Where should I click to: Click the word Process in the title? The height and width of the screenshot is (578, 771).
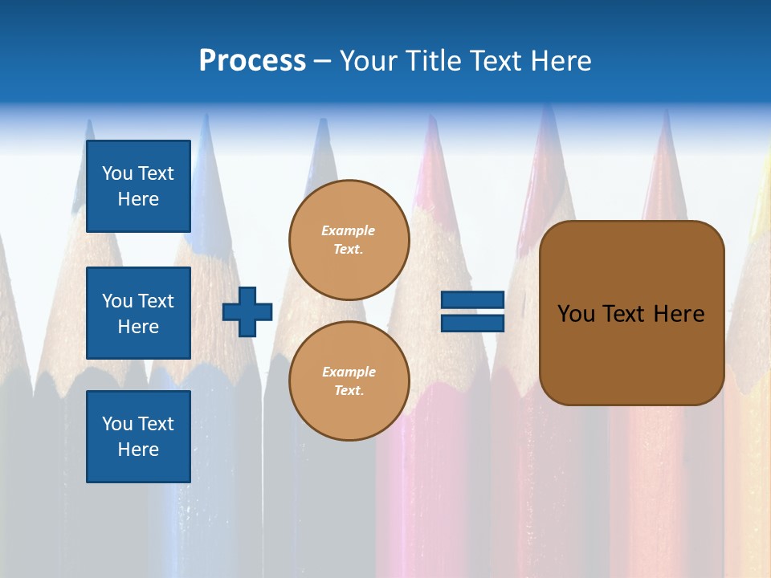point(252,61)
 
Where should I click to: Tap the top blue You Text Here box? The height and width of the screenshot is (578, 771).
point(138,186)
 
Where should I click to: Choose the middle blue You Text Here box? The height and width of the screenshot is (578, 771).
point(138,313)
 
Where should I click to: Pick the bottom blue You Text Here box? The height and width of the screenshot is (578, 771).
point(138,436)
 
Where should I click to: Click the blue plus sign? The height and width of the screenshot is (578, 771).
point(247,311)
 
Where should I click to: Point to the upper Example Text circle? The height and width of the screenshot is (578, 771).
point(349,240)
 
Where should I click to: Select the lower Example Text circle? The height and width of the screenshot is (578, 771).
point(349,381)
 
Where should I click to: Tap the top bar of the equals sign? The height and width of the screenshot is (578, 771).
point(472,300)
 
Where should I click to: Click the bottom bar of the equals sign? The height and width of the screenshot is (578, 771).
point(472,323)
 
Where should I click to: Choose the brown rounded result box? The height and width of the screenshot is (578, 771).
point(631,313)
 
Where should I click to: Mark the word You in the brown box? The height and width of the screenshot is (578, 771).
point(576,314)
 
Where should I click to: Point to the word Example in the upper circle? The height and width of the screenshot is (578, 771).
point(348,230)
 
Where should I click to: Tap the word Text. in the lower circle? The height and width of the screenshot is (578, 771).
point(349,391)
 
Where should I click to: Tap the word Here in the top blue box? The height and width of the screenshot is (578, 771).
point(138,199)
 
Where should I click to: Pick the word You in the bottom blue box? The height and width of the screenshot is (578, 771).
point(117,423)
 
